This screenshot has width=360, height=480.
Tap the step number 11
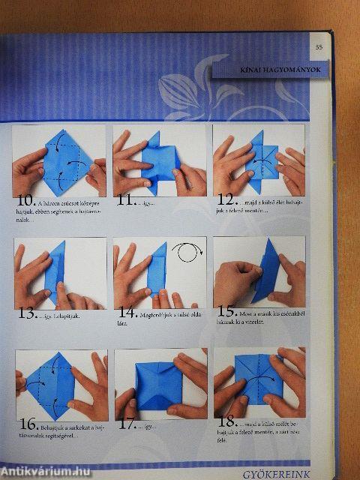pyautogui.click(x=124, y=200)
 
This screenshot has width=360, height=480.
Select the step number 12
pyautogui.click(x=226, y=200)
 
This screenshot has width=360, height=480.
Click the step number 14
pyautogui.click(x=126, y=313)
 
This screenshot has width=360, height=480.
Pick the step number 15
pyautogui.click(x=226, y=310)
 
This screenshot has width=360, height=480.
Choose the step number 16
pyautogui.click(x=27, y=426)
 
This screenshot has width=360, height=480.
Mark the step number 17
pyautogui.click(x=127, y=424)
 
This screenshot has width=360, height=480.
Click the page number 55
pyautogui.click(x=319, y=47)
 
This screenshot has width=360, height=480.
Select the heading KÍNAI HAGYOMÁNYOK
pyautogui.click(x=269, y=71)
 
